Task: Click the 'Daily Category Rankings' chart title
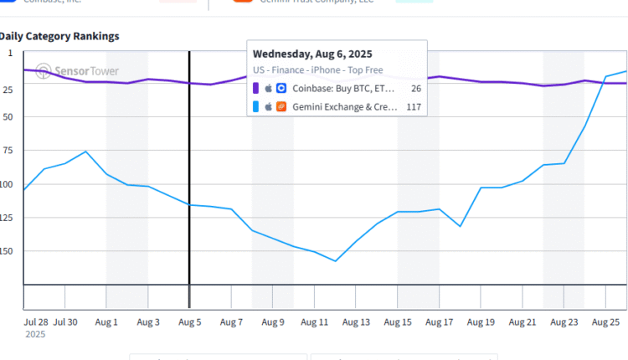click(59, 36)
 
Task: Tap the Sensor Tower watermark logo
click(44, 70)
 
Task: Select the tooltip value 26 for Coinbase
click(415, 87)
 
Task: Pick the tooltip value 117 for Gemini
click(413, 106)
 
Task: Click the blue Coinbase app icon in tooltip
click(281, 87)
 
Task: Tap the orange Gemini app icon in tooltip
click(281, 106)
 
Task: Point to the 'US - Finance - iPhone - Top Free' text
click(317, 69)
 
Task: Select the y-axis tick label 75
click(8, 151)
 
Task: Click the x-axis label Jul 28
click(36, 321)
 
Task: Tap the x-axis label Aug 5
click(190, 321)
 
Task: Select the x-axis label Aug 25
click(605, 321)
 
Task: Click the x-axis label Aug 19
click(481, 321)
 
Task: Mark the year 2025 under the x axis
click(35, 334)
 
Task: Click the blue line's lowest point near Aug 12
click(336, 261)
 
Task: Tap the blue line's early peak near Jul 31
click(86, 152)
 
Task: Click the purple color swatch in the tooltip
click(255, 87)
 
